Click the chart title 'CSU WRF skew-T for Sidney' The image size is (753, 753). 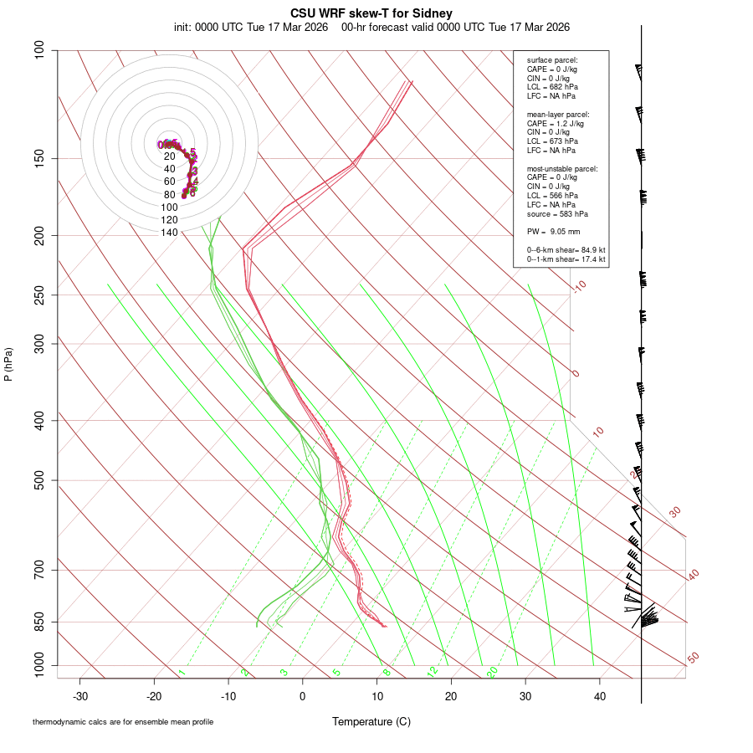pos(371,13)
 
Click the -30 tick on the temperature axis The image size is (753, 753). pos(80,695)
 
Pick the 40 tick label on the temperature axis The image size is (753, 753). pos(599,695)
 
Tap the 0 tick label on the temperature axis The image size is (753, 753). pos(303,695)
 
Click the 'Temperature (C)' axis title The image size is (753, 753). pos(371,721)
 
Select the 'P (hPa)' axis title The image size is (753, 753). pos(8,365)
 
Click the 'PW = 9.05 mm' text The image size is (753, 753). pos(553,231)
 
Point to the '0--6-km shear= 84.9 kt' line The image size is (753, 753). pos(566,249)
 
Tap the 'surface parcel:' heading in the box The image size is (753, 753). pos(552,60)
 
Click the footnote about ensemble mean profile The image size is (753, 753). pos(123,722)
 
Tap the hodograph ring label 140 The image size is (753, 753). pos(170,233)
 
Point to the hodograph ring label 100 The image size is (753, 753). pos(170,207)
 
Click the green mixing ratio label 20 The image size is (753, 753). pos(493,671)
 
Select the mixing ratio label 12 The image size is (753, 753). pos(433,671)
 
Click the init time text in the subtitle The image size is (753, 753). pos(251,27)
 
